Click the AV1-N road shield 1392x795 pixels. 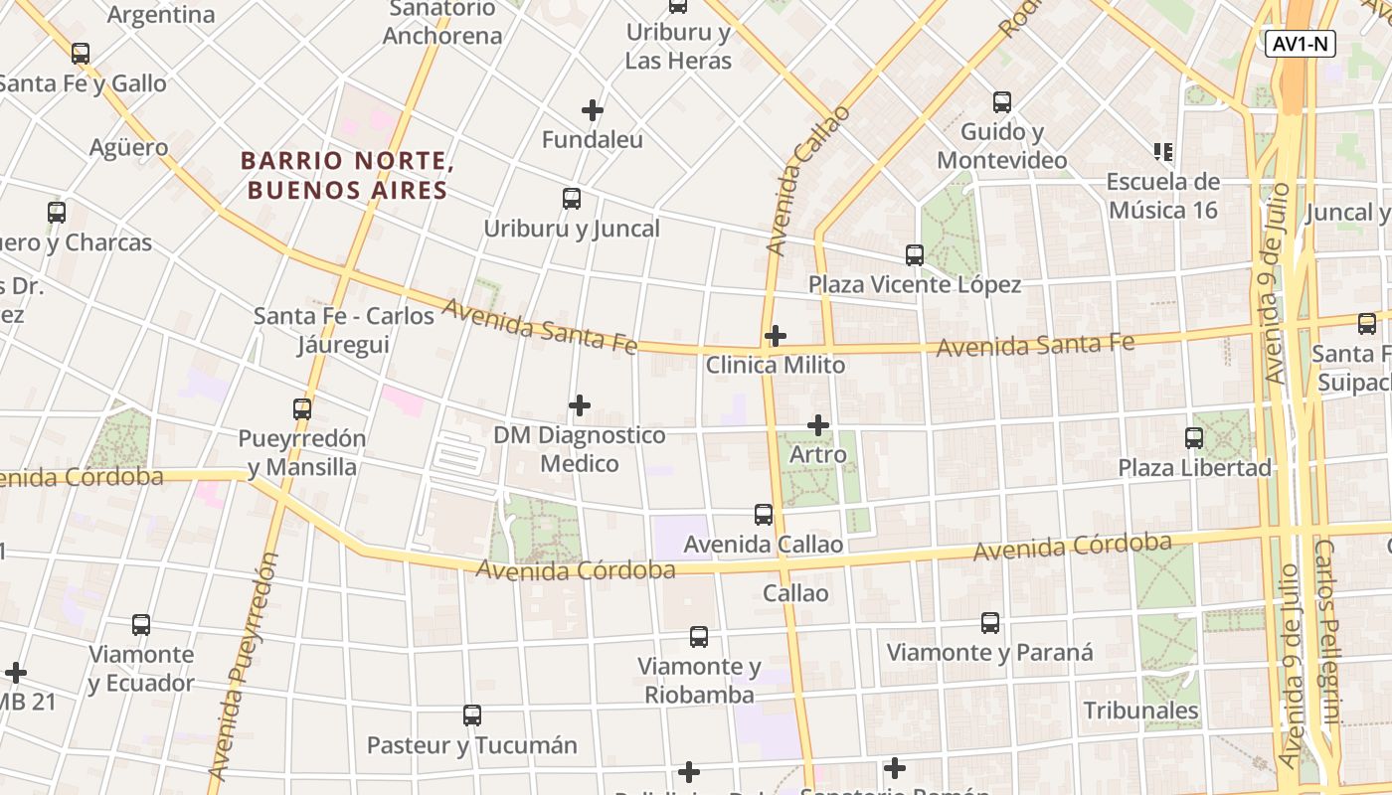coord(1301,44)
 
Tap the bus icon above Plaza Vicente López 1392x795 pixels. coord(915,255)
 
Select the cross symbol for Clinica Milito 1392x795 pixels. coord(776,336)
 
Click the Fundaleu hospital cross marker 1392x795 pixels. coord(593,109)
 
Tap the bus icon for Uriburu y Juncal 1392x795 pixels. coord(572,199)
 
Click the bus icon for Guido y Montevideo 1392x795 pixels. coord(1002,102)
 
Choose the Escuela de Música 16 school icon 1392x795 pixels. coord(1163,152)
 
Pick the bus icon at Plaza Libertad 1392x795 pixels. coord(1194,437)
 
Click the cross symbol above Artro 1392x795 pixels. coord(818,425)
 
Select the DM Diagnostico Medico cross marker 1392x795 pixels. coord(580,405)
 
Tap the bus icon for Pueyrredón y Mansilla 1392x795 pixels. coord(302,408)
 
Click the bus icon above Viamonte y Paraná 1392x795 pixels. coord(990,623)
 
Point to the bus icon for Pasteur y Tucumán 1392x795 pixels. coord(472,715)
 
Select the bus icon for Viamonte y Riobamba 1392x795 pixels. coord(699,637)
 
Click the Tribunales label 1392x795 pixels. coord(1140,711)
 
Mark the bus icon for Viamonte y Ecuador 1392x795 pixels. coord(141,625)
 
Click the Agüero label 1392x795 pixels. coord(129,148)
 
